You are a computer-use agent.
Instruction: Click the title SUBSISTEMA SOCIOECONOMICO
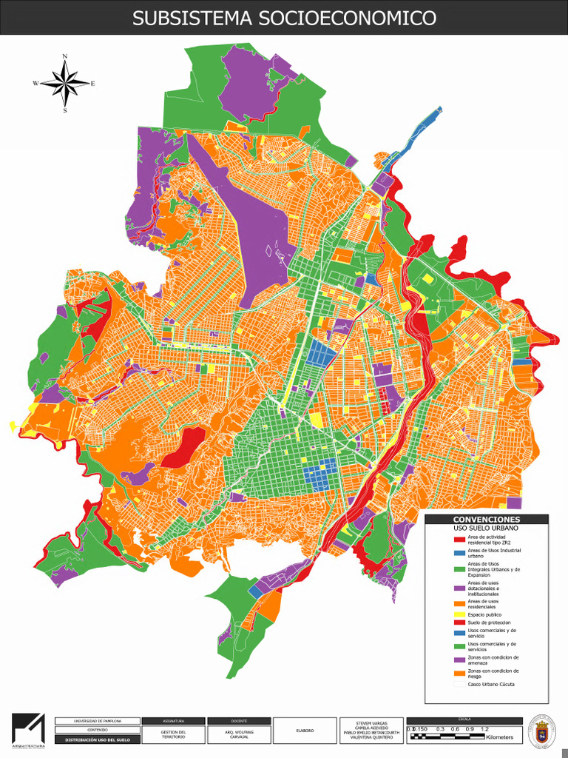pyautogui.click(x=284, y=19)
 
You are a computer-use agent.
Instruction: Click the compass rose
pyautogui.click(x=65, y=83)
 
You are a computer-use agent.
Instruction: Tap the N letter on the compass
pyautogui.click(x=65, y=57)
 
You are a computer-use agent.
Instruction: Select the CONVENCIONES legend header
pyautogui.click(x=486, y=520)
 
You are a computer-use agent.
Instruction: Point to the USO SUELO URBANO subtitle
pyautogui.click(x=486, y=529)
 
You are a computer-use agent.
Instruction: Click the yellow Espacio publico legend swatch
pyautogui.click(x=459, y=614)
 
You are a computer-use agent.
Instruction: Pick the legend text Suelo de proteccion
pyautogui.click(x=490, y=623)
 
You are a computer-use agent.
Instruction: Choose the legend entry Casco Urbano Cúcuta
pyautogui.click(x=491, y=684)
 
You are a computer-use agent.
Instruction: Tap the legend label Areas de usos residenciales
pyautogui.click(x=488, y=604)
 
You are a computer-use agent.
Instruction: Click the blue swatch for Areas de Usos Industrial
pyautogui.click(x=459, y=553)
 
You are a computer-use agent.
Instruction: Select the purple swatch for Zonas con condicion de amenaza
pyautogui.click(x=459, y=660)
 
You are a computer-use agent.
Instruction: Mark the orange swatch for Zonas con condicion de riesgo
pyautogui.click(x=459, y=674)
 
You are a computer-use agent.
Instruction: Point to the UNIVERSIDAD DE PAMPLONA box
pyautogui.click(x=97, y=720)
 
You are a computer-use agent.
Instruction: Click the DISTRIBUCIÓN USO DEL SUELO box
pyautogui.click(x=97, y=739)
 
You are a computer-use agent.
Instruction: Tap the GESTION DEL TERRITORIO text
pyautogui.click(x=172, y=734)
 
